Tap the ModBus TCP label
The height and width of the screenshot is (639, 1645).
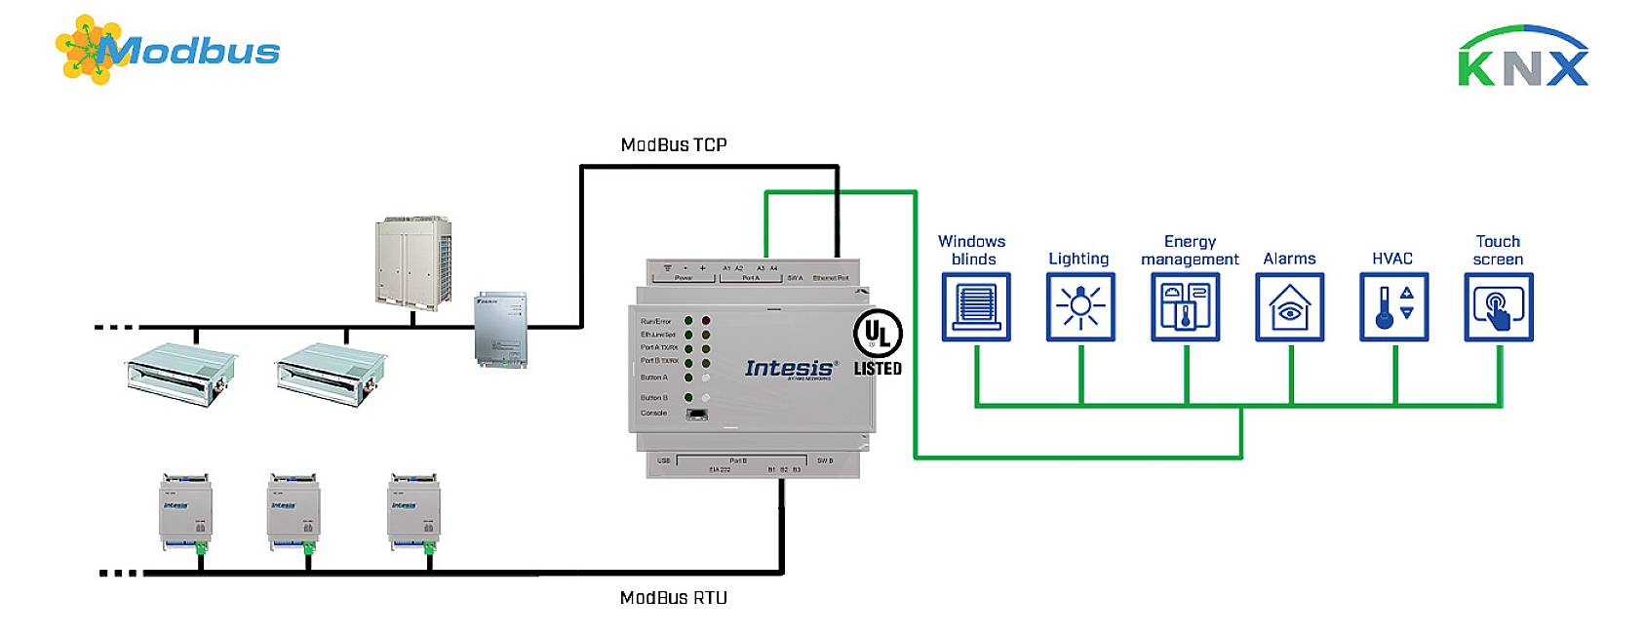pos(673,144)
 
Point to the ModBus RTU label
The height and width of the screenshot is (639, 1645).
pos(673,597)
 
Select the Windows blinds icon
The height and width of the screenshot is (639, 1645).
pos(975,306)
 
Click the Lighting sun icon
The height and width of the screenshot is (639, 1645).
pos(1079,306)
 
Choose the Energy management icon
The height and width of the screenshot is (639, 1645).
pos(1185,306)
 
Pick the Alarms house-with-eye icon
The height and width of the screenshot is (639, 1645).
pos(1289,306)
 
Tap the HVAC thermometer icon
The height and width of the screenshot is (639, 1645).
pos(1393,306)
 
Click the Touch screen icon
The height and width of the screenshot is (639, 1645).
pos(1498,306)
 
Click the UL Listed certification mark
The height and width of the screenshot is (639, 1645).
pos(877,343)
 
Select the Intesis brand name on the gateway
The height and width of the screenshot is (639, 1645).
pos(789,368)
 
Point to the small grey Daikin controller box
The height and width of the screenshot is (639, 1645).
pos(501,329)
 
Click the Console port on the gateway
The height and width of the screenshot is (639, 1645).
pos(697,414)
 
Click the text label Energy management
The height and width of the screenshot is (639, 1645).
pos(1189,250)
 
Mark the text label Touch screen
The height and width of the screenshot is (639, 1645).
pos(1497,250)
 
